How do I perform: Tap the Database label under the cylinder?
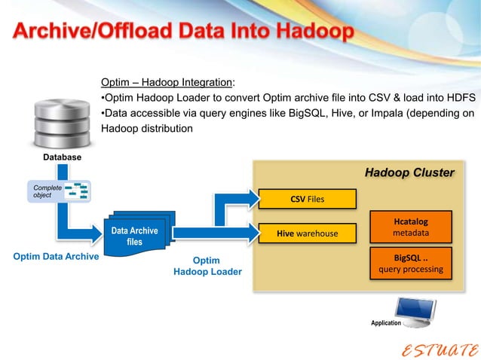tap(62, 157)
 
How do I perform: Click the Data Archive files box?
tap(134, 236)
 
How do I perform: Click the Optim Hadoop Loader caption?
tap(207, 266)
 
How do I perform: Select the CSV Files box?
tap(307, 200)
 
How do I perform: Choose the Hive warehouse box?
tap(307, 233)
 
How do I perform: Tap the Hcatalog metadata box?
tap(411, 227)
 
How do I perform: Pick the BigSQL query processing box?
tap(411, 263)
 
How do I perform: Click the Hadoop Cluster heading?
tap(409, 173)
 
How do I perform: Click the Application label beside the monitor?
tap(386, 323)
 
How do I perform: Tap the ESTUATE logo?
tap(438, 348)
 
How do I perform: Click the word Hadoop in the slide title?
tap(308, 33)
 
